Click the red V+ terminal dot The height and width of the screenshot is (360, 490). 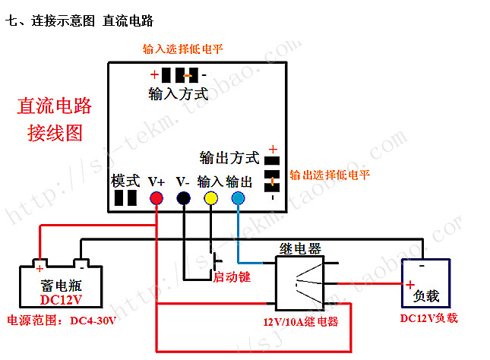[x=156, y=198]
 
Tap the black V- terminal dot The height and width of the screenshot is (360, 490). [x=183, y=198]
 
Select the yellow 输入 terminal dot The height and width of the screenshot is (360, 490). [x=210, y=198]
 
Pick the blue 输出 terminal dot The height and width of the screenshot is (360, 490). [x=239, y=198]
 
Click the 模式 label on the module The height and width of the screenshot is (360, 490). [x=125, y=181]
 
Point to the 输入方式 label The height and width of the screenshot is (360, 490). [x=178, y=94]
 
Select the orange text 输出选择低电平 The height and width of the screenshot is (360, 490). [x=330, y=175]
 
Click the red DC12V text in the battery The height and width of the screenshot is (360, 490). [x=61, y=299]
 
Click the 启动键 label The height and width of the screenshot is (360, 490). [x=232, y=276]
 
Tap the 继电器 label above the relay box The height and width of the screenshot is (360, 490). [x=300, y=248]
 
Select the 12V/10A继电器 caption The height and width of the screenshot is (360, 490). [x=300, y=321]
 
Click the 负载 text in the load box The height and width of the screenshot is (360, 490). [x=426, y=295]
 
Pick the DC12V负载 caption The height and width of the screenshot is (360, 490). [x=429, y=318]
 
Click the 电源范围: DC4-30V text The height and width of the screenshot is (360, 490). [x=61, y=321]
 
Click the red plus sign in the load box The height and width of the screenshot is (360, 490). [x=409, y=285]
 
